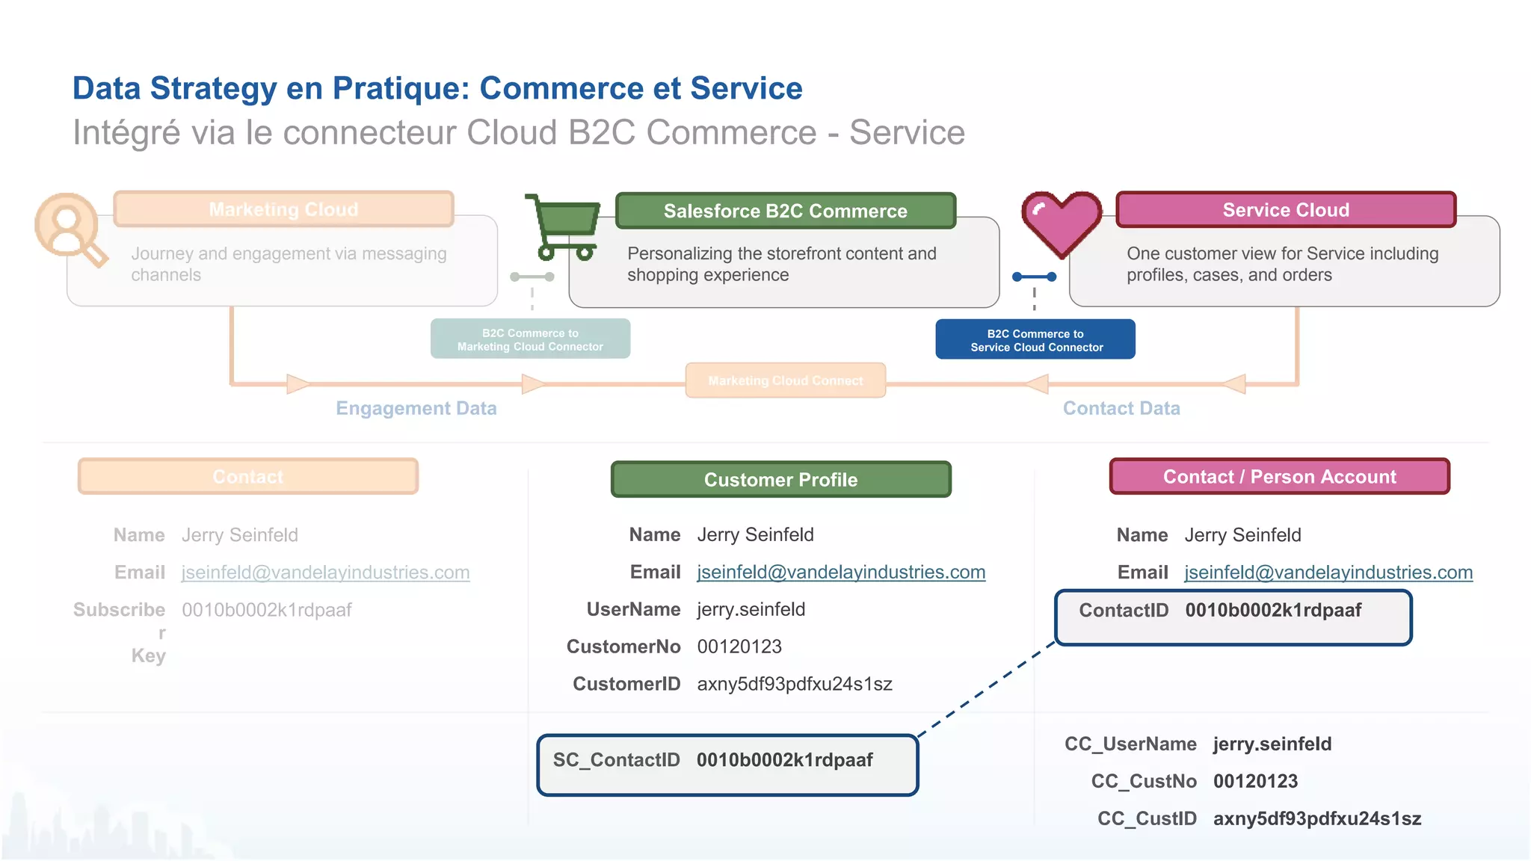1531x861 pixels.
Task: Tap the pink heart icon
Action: pyautogui.click(x=1062, y=223)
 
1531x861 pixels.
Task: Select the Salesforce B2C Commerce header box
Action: pyautogui.click(x=785, y=211)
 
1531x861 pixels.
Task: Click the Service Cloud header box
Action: pyautogui.click(x=1285, y=210)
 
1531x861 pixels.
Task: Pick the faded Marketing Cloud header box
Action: pyautogui.click(x=283, y=209)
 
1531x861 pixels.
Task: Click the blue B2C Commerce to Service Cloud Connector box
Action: pyautogui.click(x=1035, y=340)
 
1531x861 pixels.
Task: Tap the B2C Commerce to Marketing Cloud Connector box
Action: pyautogui.click(x=530, y=339)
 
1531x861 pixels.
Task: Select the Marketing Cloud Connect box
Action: pyautogui.click(x=785, y=380)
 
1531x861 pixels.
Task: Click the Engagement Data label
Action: pyautogui.click(x=416, y=408)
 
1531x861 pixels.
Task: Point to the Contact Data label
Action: pyautogui.click(x=1121, y=408)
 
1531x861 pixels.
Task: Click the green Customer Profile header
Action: pyautogui.click(x=780, y=479)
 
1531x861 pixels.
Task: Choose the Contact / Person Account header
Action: pyautogui.click(x=1279, y=477)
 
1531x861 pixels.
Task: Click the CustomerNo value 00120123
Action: pyautogui.click(x=739, y=646)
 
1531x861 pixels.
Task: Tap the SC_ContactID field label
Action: pyautogui.click(x=616, y=760)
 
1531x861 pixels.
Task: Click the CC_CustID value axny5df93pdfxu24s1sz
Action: pyautogui.click(x=1316, y=818)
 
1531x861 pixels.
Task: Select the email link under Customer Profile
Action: pyautogui.click(x=841, y=572)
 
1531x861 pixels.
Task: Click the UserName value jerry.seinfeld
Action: pyautogui.click(x=751, y=609)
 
